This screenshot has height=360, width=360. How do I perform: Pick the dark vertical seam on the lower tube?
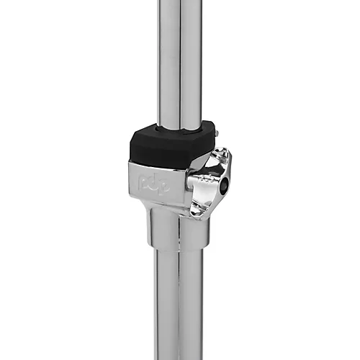179,302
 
